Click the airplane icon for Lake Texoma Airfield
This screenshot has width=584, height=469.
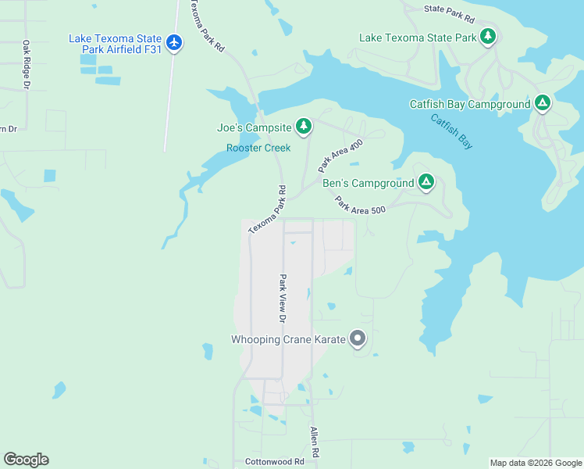click(174, 43)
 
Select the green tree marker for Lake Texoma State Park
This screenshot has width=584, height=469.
click(488, 37)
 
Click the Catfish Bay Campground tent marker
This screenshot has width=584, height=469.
click(543, 103)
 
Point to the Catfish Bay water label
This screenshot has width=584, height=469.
click(451, 131)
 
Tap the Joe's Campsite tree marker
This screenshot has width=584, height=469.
click(303, 127)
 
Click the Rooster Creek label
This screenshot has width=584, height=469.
click(258, 148)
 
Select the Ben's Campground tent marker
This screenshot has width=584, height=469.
click(426, 183)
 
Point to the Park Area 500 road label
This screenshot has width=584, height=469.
click(360, 205)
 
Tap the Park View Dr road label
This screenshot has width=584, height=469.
click(283, 299)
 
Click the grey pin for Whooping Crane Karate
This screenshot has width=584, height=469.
click(358, 338)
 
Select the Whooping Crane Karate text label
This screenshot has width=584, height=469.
click(288, 339)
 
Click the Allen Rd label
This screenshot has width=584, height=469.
click(314, 442)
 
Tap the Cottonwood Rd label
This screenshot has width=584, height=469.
click(272, 461)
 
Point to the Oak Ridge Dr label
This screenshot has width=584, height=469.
click(26, 64)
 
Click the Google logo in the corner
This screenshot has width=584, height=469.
click(26, 460)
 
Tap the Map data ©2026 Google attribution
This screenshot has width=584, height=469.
click(535, 463)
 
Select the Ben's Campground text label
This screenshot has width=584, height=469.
click(368, 184)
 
